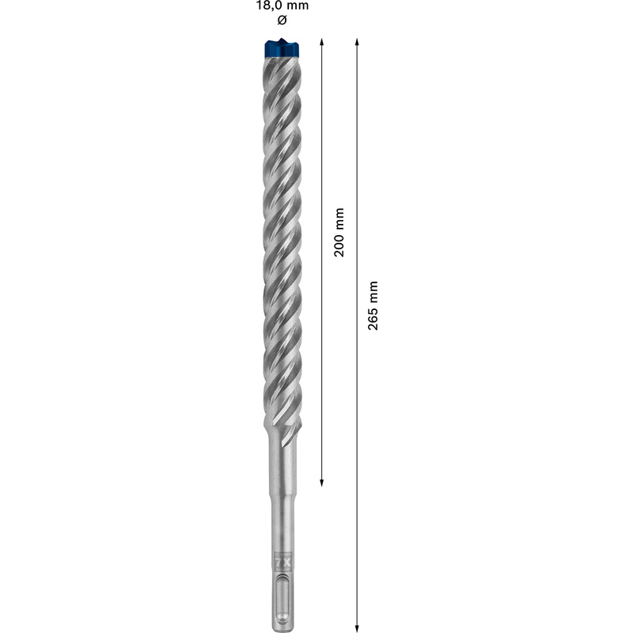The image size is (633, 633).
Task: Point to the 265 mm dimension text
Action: coord(374,305)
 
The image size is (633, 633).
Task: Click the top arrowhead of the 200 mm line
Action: coord(322,40)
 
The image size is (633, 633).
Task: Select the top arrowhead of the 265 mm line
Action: coord(357,40)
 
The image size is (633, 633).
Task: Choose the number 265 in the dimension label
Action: coord(374,315)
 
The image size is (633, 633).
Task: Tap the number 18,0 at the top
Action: coord(265,6)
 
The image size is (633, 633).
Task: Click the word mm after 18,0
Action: coord(298,6)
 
